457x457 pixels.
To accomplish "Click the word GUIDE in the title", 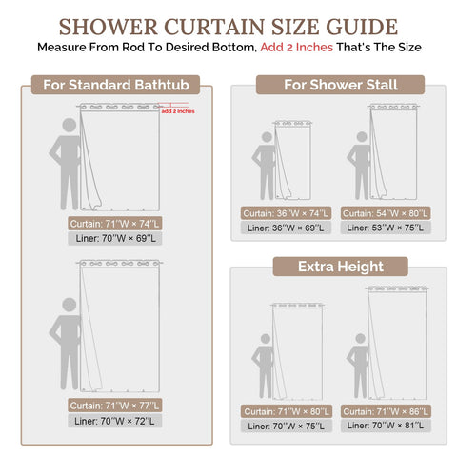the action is tap(362, 27).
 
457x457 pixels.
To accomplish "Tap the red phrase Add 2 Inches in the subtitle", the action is tap(296, 48).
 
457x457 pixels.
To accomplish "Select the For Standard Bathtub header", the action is tap(116, 85).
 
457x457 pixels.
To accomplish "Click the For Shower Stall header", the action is tap(340, 85).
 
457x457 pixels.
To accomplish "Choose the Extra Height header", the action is tap(341, 267).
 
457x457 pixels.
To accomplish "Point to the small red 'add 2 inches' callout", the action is tap(178, 111).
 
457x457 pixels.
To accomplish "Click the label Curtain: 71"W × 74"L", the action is tap(114, 224).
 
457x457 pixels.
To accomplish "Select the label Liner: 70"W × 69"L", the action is tap(115, 238).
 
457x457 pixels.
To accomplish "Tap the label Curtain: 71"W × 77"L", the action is tap(114, 406).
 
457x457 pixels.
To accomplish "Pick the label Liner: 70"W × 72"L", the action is tap(114, 421).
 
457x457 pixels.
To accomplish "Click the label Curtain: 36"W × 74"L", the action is tap(286, 213).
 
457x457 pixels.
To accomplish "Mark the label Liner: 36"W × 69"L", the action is tap(286, 228).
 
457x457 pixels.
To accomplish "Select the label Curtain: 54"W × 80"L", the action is tap(386, 213).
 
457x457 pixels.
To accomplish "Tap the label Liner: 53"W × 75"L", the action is tap(386, 228).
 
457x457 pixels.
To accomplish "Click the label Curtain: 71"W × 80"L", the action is tap(287, 411).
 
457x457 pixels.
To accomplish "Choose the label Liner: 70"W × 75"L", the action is tap(287, 426).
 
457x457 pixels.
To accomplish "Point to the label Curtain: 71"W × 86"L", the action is tap(386, 411).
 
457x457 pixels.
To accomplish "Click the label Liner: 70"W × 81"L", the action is tap(386, 426).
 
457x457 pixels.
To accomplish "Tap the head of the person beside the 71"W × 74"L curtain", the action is tap(70, 125).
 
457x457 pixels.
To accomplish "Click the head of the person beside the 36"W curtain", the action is tap(267, 137).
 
